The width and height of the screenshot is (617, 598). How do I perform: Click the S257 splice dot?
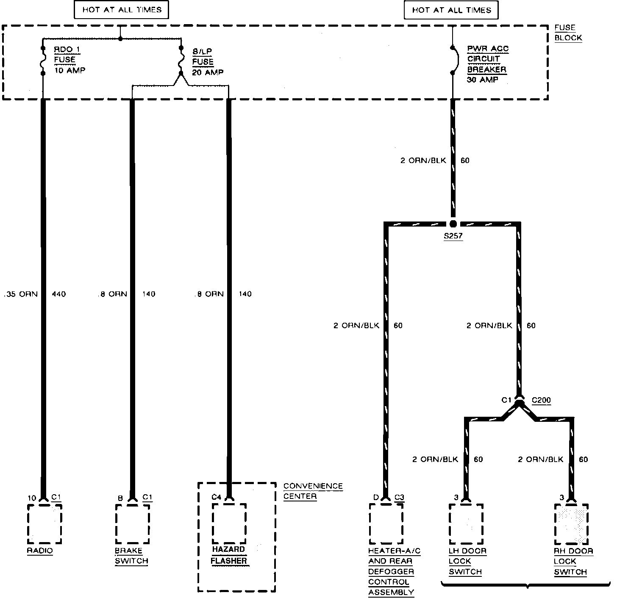point(453,224)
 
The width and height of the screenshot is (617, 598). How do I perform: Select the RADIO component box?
point(44,523)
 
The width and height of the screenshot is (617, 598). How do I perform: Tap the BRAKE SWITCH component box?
point(132,523)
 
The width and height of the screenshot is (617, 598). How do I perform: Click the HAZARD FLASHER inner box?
point(229,523)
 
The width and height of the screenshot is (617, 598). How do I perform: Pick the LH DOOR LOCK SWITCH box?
point(466,523)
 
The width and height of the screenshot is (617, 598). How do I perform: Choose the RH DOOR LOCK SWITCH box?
point(571,523)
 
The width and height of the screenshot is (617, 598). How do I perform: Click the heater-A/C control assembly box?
point(386,523)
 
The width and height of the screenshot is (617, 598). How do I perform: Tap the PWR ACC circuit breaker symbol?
point(453,60)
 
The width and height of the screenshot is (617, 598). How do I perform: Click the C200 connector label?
point(541,400)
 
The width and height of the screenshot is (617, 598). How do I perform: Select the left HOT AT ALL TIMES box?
point(122,10)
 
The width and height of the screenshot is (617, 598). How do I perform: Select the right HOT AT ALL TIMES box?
point(451,10)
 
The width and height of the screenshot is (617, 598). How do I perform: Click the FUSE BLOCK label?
point(568,33)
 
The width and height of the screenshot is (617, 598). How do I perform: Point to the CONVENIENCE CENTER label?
point(313,491)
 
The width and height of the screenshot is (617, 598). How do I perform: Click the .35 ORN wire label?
point(21,294)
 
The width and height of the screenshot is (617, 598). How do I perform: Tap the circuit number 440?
point(59,294)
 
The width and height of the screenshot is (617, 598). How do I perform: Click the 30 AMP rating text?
point(482,80)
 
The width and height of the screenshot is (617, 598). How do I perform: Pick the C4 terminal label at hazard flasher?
point(216,497)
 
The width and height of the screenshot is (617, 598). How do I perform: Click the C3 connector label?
point(400,497)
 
